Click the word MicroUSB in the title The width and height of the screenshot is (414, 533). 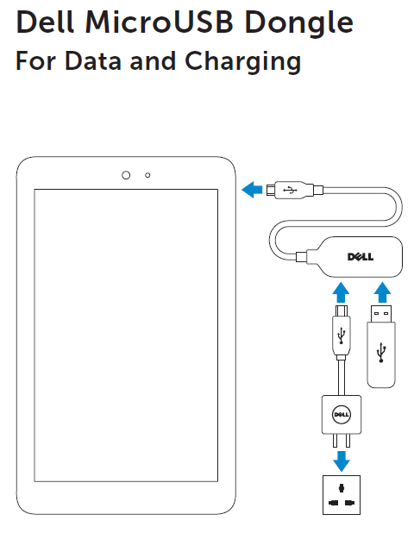pos(159,22)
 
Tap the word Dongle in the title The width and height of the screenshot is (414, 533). pos(299,24)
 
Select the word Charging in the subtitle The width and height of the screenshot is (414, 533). pos(242,62)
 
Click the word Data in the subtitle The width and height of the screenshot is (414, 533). pos(93,60)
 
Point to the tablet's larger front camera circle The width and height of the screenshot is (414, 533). pos(126,175)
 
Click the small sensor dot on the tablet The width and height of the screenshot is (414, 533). pos(147,175)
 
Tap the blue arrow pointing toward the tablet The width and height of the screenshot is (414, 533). pos(252,190)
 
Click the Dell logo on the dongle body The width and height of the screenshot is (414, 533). pos(361,257)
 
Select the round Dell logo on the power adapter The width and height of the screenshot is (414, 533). pos(342,414)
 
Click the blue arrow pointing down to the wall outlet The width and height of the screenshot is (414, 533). pos(342,461)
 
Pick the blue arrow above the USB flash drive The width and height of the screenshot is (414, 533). pos(382,292)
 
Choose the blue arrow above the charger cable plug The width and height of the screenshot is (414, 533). pos(341,292)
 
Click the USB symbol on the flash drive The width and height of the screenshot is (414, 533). pos(381,352)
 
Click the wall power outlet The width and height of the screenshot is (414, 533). pos(342,495)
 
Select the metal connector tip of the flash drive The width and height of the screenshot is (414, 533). pos(381,314)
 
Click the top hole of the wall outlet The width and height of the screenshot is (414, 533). pos(342,488)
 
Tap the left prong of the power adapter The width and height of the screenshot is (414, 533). pos(335,440)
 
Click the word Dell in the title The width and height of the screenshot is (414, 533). pos(45,22)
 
